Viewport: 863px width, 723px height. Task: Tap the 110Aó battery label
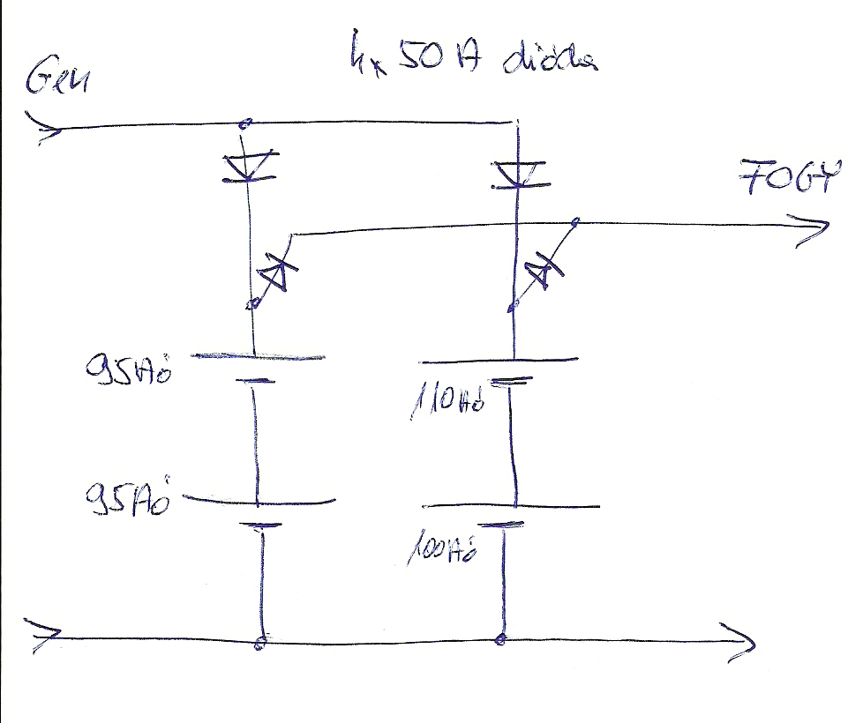(x=447, y=402)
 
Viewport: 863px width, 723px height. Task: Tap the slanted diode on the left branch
(x=274, y=275)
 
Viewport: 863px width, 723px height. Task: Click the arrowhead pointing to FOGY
(x=814, y=231)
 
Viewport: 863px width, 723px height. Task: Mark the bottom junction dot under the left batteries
(x=259, y=643)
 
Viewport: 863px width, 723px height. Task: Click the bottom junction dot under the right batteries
(x=502, y=638)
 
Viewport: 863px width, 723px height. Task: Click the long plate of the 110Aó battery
(x=499, y=360)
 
